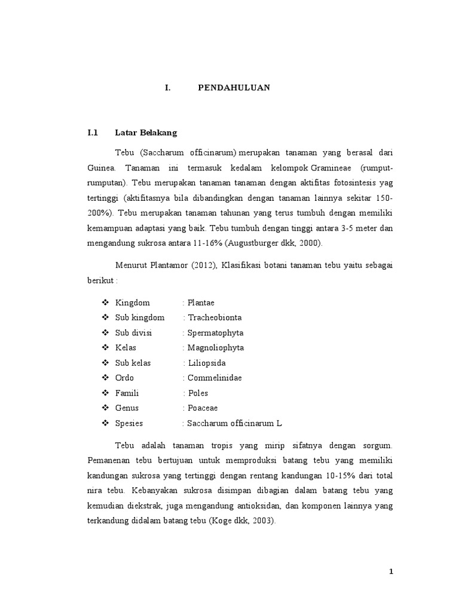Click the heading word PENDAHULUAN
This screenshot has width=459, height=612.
[234, 88]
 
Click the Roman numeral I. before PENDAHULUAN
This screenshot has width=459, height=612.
[168, 88]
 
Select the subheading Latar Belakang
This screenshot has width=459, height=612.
[146, 133]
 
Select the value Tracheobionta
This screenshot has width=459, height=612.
[215, 317]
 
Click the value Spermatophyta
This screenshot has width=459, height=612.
[215, 333]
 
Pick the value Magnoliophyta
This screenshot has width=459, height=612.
[216, 348]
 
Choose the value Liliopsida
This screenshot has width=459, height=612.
[207, 363]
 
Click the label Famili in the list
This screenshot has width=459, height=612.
[127, 393]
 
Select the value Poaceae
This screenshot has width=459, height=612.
[203, 408]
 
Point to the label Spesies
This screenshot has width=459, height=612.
[130, 423]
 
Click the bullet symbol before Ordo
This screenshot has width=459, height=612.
[106, 378]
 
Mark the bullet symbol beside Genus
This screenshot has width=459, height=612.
[106, 408]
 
